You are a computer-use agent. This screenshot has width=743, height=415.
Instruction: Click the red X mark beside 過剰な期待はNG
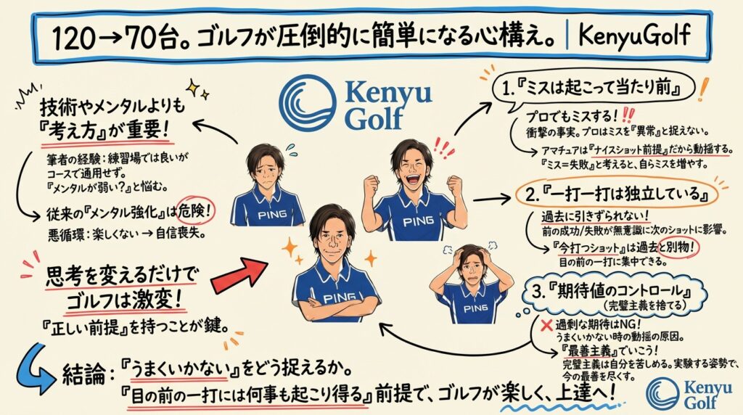534,324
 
